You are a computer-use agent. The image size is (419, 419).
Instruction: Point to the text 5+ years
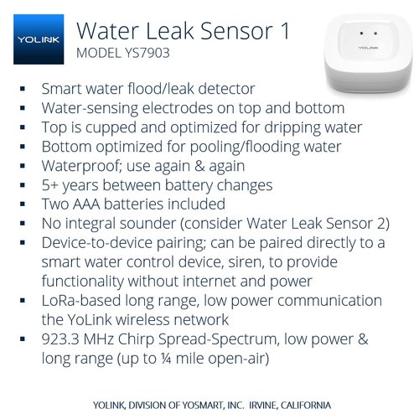[67, 185]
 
